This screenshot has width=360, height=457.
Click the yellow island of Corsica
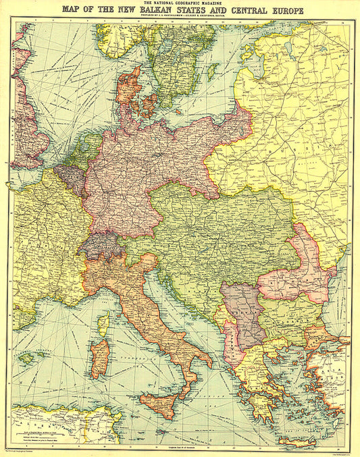105,324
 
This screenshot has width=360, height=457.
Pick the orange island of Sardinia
99,358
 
